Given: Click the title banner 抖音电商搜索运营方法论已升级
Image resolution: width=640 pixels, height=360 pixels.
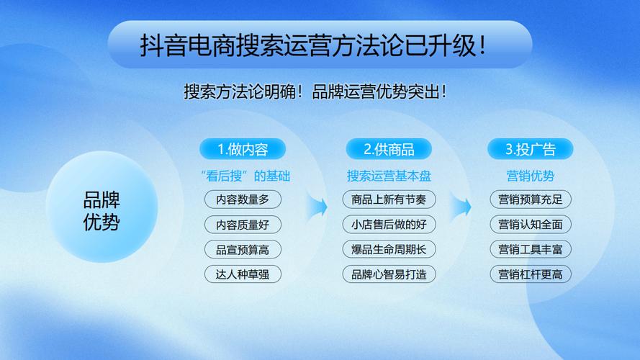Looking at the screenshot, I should (320, 45).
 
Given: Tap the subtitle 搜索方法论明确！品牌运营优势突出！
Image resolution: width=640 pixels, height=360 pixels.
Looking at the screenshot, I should (315, 92).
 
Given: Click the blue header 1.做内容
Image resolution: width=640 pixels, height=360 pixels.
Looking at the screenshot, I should (243, 150).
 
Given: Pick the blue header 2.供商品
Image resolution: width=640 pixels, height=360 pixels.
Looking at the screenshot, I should (389, 150).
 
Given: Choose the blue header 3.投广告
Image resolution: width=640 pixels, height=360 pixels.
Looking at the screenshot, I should (531, 150).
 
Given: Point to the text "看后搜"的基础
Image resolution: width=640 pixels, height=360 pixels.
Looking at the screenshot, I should (243, 176).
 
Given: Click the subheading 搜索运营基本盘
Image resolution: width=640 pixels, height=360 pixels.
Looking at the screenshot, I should (389, 176).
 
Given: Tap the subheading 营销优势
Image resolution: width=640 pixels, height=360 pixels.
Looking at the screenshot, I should (531, 176).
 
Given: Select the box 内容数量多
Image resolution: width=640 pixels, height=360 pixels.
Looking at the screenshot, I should (243, 199).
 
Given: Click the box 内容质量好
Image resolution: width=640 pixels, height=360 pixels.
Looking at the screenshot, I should (243, 225).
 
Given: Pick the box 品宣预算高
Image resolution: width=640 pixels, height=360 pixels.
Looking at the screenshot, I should (243, 250).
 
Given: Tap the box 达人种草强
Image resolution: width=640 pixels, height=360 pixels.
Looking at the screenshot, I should (243, 274).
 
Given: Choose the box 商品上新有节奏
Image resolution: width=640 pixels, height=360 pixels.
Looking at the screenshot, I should (389, 199).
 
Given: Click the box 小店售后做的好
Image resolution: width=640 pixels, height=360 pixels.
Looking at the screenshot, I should (389, 225).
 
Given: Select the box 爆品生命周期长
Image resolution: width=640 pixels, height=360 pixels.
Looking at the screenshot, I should (389, 250).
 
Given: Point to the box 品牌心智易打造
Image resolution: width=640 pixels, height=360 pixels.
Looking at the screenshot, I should (389, 274).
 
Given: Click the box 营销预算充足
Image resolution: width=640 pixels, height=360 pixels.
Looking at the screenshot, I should (531, 199).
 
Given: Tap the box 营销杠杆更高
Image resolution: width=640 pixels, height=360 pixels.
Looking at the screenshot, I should (531, 274).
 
